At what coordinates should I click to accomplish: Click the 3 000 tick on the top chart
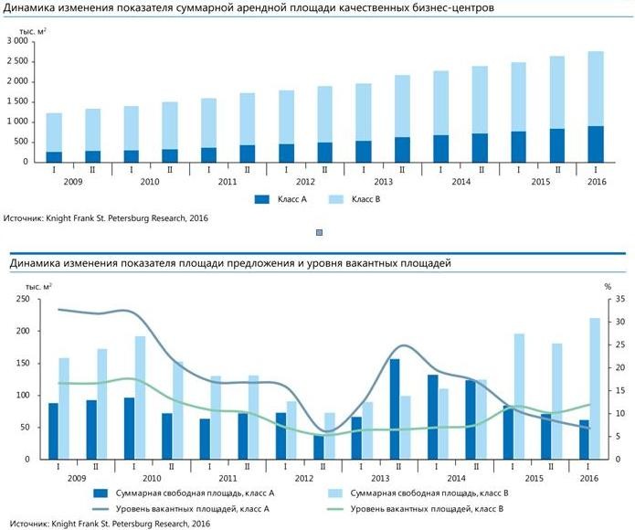coord(16,42)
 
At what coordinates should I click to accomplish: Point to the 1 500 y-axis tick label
coord(16,101)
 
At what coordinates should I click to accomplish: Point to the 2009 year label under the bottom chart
coord(78,478)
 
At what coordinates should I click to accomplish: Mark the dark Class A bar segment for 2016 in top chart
coord(595,144)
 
